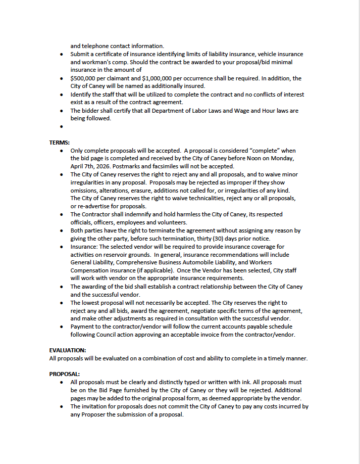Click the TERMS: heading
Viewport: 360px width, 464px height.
click(59, 143)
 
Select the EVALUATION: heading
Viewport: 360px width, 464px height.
click(68, 350)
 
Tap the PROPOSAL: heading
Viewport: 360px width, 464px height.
click(64, 374)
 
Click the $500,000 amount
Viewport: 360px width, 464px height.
click(84, 78)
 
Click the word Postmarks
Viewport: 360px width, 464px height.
click(137, 166)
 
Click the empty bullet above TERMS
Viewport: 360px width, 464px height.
click(61, 127)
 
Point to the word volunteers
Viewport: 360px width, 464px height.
click(171, 222)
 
